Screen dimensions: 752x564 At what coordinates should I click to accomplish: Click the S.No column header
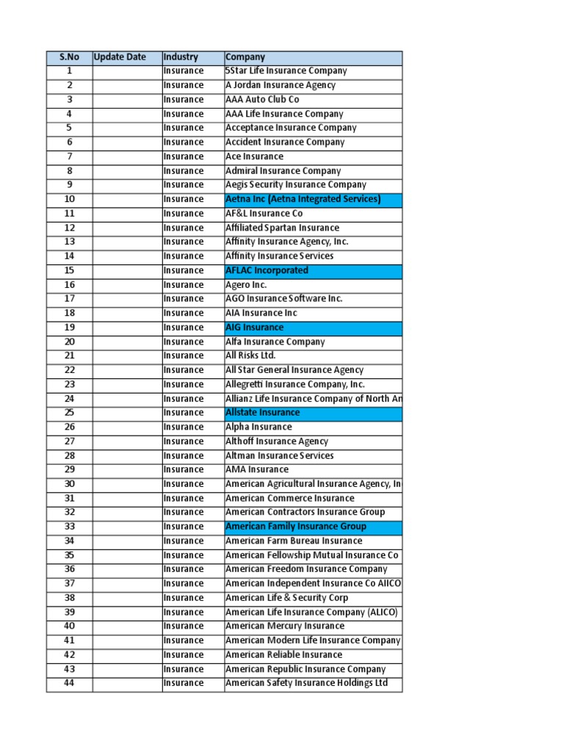[69, 57]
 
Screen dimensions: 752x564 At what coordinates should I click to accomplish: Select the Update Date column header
[127, 57]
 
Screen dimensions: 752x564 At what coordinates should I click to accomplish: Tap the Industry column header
[193, 57]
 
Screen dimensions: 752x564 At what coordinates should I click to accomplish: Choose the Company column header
[313, 57]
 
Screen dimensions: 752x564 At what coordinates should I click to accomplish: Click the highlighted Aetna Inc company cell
[313, 199]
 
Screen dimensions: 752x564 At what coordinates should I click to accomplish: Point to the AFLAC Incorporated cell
[313, 270]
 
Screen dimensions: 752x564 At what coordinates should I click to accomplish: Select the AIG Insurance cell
[313, 328]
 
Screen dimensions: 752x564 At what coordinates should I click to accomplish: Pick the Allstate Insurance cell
[313, 413]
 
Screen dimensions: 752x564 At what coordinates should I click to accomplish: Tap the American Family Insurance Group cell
[313, 527]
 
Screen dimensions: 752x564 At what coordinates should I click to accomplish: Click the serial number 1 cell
[69, 71]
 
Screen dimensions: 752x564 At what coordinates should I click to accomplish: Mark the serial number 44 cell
[69, 684]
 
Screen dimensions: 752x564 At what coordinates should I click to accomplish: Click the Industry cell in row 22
[193, 370]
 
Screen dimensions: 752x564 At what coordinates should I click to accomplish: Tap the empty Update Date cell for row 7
[127, 156]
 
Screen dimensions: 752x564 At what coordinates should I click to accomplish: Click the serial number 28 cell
[69, 456]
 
